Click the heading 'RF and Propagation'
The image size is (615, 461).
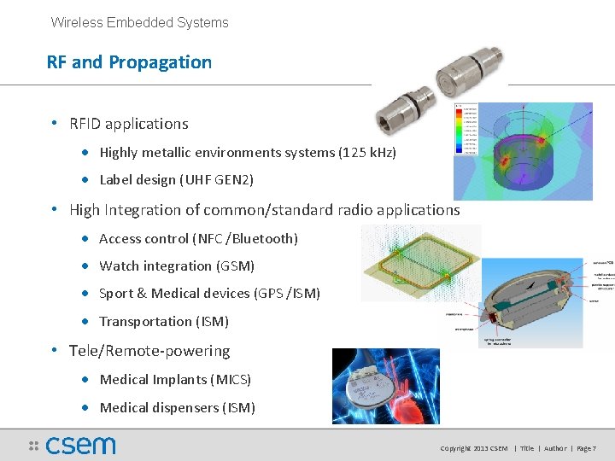129,62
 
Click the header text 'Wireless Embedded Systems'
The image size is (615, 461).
139,23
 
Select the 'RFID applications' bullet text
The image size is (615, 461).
128,124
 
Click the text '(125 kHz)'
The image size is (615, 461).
367,153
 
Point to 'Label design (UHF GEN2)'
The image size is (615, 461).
176,180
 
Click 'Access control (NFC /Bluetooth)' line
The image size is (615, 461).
198,239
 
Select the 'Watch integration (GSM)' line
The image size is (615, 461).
177,266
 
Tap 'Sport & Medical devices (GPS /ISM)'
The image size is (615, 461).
209,294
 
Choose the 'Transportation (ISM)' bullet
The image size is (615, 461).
163,322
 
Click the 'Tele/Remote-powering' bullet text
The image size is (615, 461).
149,351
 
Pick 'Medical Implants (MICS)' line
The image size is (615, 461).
175,380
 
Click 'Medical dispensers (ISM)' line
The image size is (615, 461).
177,408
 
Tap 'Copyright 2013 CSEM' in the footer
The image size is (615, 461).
473,448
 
